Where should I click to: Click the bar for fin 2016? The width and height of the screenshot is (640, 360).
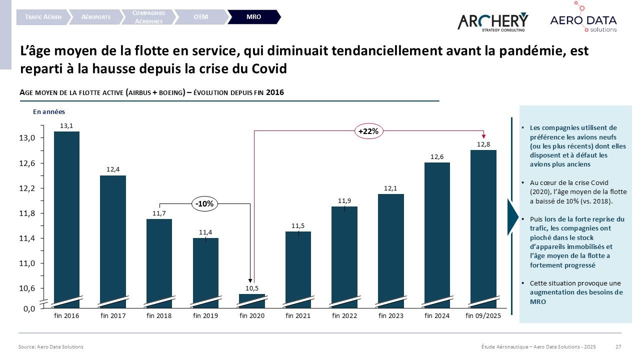coord(66,215)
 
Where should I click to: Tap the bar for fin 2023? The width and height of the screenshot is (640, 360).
coord(390,247)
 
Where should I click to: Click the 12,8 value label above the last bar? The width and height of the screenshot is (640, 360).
coord(483,144)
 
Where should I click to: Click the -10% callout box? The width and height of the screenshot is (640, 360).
coord(205,203)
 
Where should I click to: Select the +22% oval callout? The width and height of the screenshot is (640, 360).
coord(369,131)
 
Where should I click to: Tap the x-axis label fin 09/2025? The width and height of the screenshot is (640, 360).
coord(483,315)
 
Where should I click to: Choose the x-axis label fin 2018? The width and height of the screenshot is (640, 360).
coord(159,315)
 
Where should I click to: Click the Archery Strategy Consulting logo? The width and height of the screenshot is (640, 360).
coord(492,21)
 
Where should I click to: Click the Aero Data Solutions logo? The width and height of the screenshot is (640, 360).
coord(583,20)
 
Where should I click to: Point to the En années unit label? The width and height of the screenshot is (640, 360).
coord(49,112)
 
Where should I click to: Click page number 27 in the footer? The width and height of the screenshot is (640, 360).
coord(618,346)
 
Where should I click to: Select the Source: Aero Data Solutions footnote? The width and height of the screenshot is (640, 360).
coord(51,346)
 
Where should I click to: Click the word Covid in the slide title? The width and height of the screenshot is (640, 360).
coord(270,68)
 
